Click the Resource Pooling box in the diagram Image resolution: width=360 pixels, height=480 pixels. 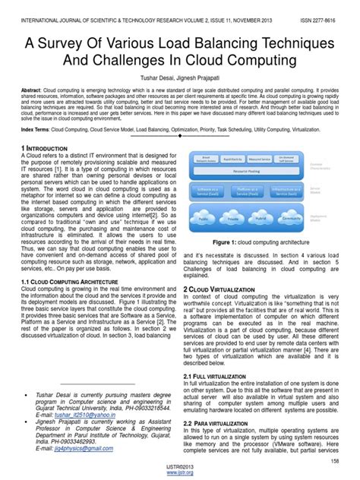tap(239, 172)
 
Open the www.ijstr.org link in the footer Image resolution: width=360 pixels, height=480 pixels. tap(180, 475)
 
